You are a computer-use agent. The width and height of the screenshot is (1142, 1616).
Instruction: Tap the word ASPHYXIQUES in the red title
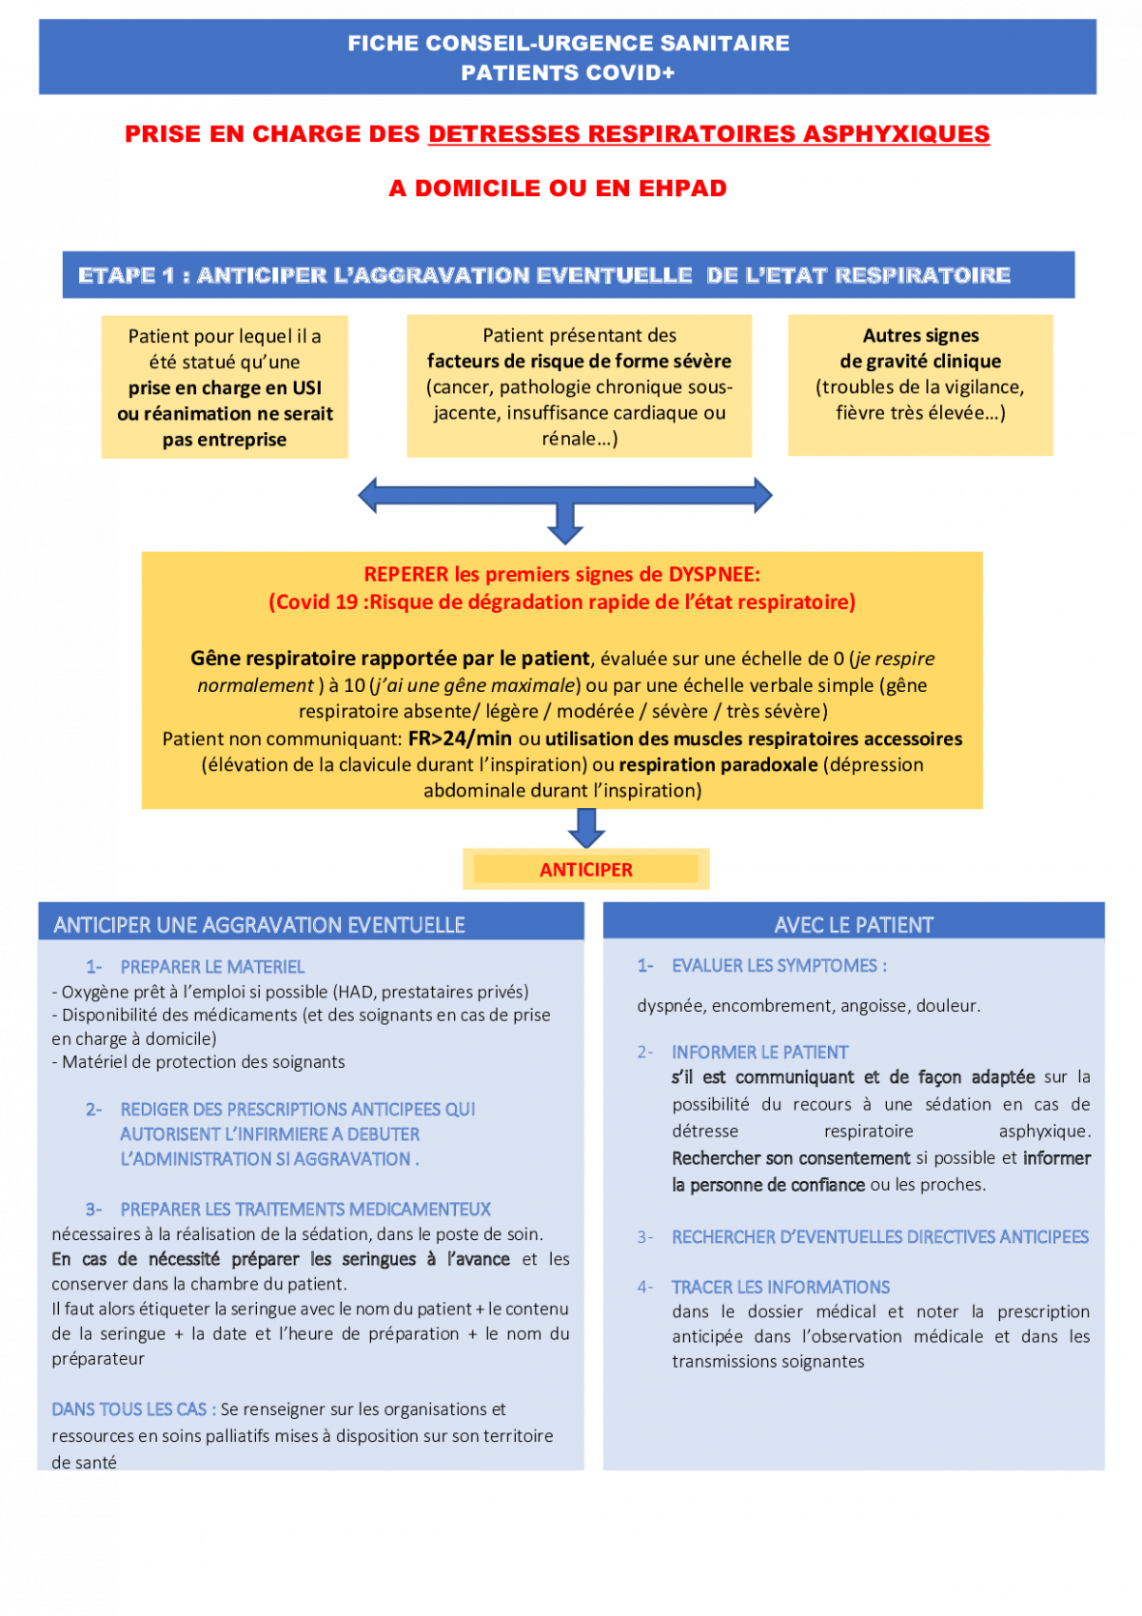click(896, 134)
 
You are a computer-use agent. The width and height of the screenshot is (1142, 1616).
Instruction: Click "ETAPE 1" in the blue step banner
click(127, 276)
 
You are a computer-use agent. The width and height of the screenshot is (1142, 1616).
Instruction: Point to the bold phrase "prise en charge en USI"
click(225, 388)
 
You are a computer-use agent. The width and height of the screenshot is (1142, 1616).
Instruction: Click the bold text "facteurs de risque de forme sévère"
click(579, 361)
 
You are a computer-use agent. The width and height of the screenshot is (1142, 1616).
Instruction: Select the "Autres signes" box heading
click(920, 335)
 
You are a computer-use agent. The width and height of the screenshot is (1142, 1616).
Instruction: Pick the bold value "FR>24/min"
click(461, 739)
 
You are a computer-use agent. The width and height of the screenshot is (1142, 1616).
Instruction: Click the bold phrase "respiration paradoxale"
click(718, 765)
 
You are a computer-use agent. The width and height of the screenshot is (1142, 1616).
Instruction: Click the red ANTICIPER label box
click(586, 869)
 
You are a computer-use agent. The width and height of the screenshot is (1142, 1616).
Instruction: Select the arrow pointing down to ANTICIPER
click(586, 828)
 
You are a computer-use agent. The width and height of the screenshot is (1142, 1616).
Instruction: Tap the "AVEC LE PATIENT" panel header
click(854, 925)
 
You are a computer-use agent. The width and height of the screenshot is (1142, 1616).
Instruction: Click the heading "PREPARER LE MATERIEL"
click(212, 967)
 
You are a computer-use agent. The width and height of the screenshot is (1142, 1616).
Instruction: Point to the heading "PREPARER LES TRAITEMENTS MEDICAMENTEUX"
click(305, 1209)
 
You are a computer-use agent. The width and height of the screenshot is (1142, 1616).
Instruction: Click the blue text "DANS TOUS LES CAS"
click(133, 1409)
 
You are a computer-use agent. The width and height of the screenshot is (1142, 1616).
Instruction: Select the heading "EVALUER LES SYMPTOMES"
click(779, 965)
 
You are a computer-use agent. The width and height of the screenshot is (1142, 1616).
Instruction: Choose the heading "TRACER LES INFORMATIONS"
click(780, 1287)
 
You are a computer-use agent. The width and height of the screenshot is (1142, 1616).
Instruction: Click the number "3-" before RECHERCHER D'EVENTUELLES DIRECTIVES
click(645, 1237)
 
